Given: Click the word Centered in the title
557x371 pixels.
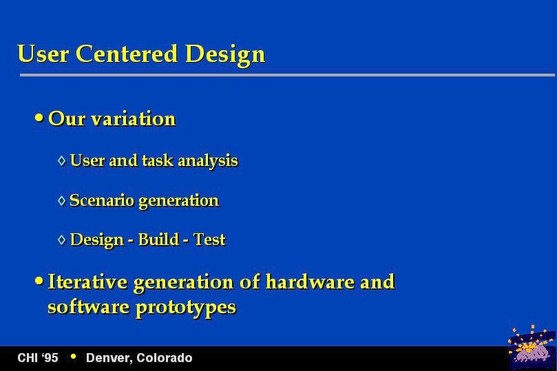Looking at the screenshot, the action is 127,54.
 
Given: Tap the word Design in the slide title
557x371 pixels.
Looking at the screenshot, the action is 225,55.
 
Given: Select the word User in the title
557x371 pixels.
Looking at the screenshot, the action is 43,54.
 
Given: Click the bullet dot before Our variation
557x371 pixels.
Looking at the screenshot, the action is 39,118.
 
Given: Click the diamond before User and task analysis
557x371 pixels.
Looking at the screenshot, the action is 62,161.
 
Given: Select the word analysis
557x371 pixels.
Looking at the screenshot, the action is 208,161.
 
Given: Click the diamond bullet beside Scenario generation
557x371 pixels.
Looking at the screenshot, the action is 62,200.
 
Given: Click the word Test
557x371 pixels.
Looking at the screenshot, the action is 209,240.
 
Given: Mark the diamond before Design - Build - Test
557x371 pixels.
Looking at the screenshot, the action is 62,240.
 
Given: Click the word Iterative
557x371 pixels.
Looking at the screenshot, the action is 87,282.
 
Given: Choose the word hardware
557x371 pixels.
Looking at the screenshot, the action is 309,282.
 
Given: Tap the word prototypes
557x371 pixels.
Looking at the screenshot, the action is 186,308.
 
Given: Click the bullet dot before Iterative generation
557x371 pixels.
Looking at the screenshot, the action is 39,282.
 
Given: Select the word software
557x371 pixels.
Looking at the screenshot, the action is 88,306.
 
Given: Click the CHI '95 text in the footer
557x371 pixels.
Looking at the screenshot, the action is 38,357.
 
